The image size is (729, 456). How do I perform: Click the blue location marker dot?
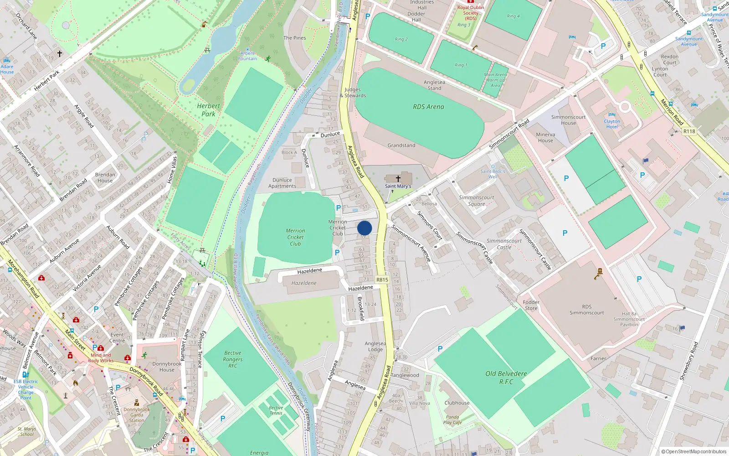pos(364,228)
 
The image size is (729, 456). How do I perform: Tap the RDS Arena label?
pos(428,107)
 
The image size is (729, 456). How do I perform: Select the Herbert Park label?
pos(208,110)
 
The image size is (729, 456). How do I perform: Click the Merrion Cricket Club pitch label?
pos(295,237)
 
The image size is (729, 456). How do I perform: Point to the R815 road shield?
pos(382,280)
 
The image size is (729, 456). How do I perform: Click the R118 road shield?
pos(689,131)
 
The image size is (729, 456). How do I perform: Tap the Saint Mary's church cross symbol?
pos(398,179)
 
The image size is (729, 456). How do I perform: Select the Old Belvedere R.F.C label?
pos(506,378)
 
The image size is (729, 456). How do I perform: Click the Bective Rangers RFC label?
pos(233,359)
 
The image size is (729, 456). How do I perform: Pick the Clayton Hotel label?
pos(612,124)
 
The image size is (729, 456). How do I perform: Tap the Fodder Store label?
pos(531,305)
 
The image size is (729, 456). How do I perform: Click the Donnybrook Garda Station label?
pos(137,415)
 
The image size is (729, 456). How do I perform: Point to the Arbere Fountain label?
pos(247,56)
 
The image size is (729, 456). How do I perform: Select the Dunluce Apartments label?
pos(282,183)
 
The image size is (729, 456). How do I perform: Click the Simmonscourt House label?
pos(568,120)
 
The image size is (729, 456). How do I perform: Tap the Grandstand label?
pos(401,145)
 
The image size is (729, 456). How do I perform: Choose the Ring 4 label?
pos(513,16)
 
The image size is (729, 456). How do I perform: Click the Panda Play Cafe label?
pos(452,420)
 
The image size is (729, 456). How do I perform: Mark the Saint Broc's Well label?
pos(493,174)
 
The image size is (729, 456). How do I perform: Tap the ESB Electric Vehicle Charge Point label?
pos(26,389)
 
